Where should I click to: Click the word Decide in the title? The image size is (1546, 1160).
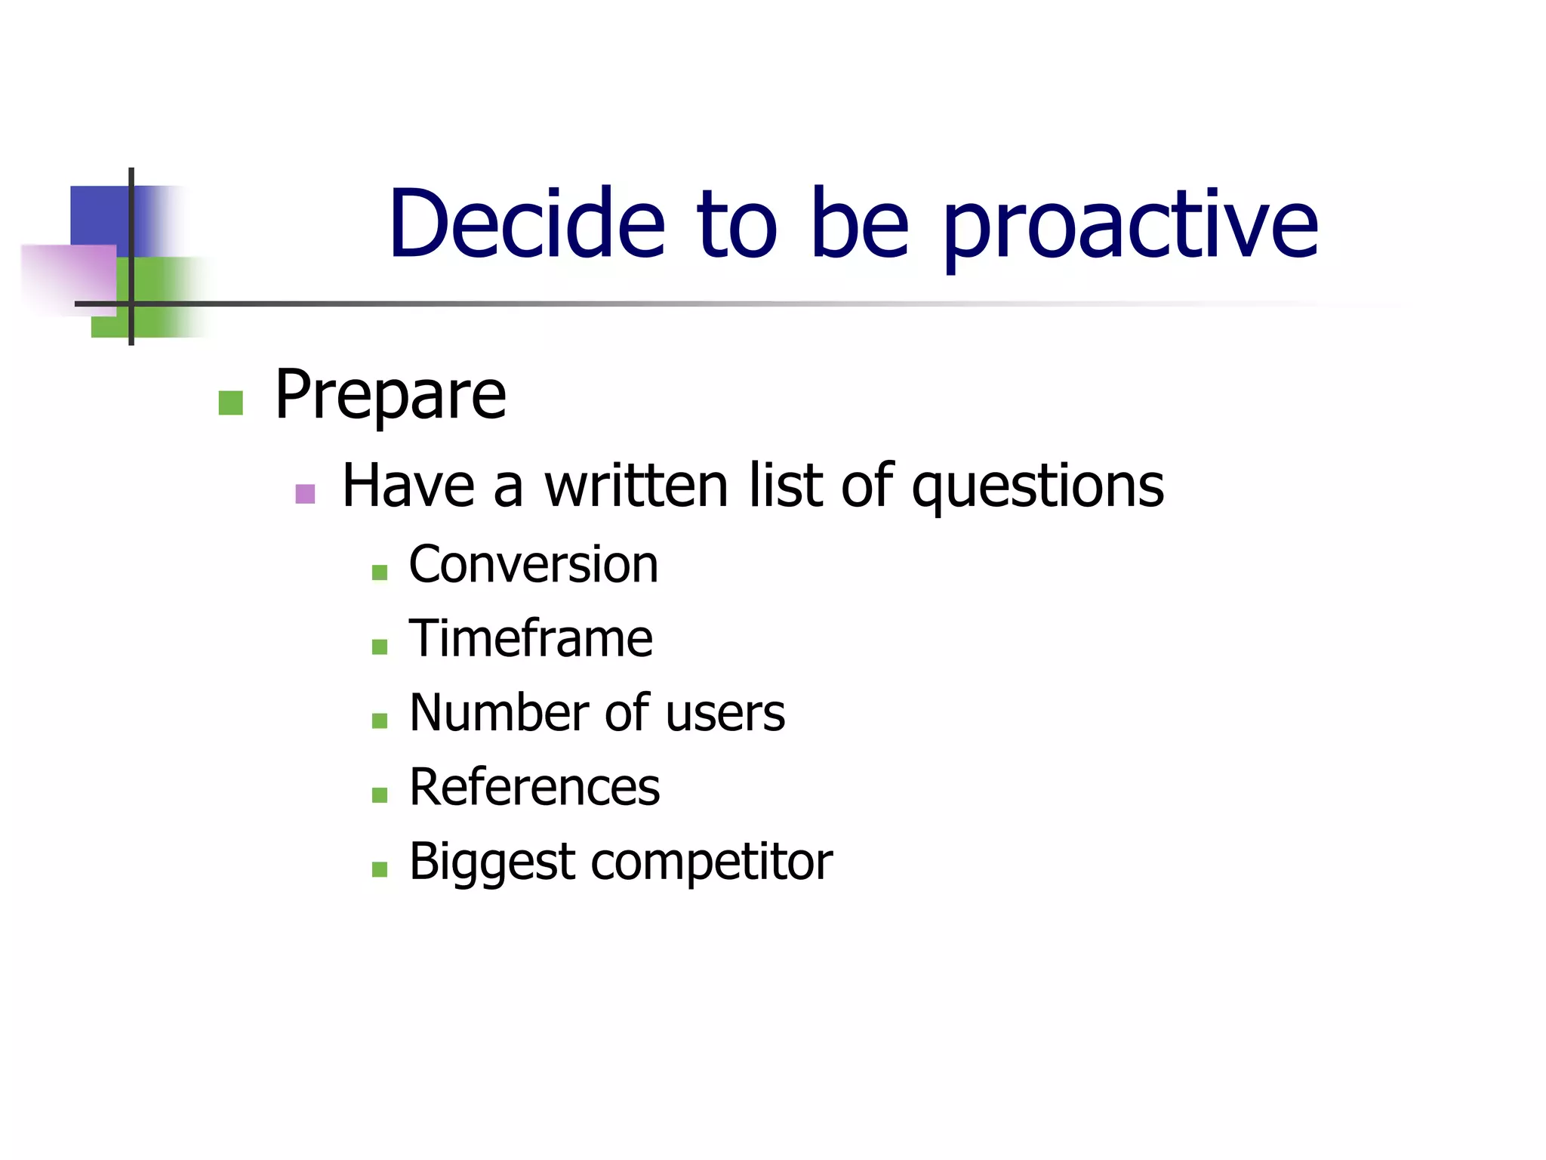coord(526,224)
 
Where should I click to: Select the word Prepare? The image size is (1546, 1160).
coord(390,396)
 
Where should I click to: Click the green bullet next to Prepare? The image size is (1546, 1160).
coord(230,403)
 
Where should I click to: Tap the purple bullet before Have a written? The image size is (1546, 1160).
coord(305,494)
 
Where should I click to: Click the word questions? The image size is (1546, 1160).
coord(1037,487)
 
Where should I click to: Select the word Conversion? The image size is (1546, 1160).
coord(533,565)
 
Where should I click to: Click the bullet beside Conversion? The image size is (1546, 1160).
coord(380,572)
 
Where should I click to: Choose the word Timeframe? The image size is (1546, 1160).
coord(530,639)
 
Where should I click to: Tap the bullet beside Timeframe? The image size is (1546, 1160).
coord(380,646)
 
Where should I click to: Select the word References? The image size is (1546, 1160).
coord(534,788)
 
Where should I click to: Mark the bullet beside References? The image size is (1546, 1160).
coord(380,794)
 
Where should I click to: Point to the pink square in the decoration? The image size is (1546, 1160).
coord(68,275)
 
